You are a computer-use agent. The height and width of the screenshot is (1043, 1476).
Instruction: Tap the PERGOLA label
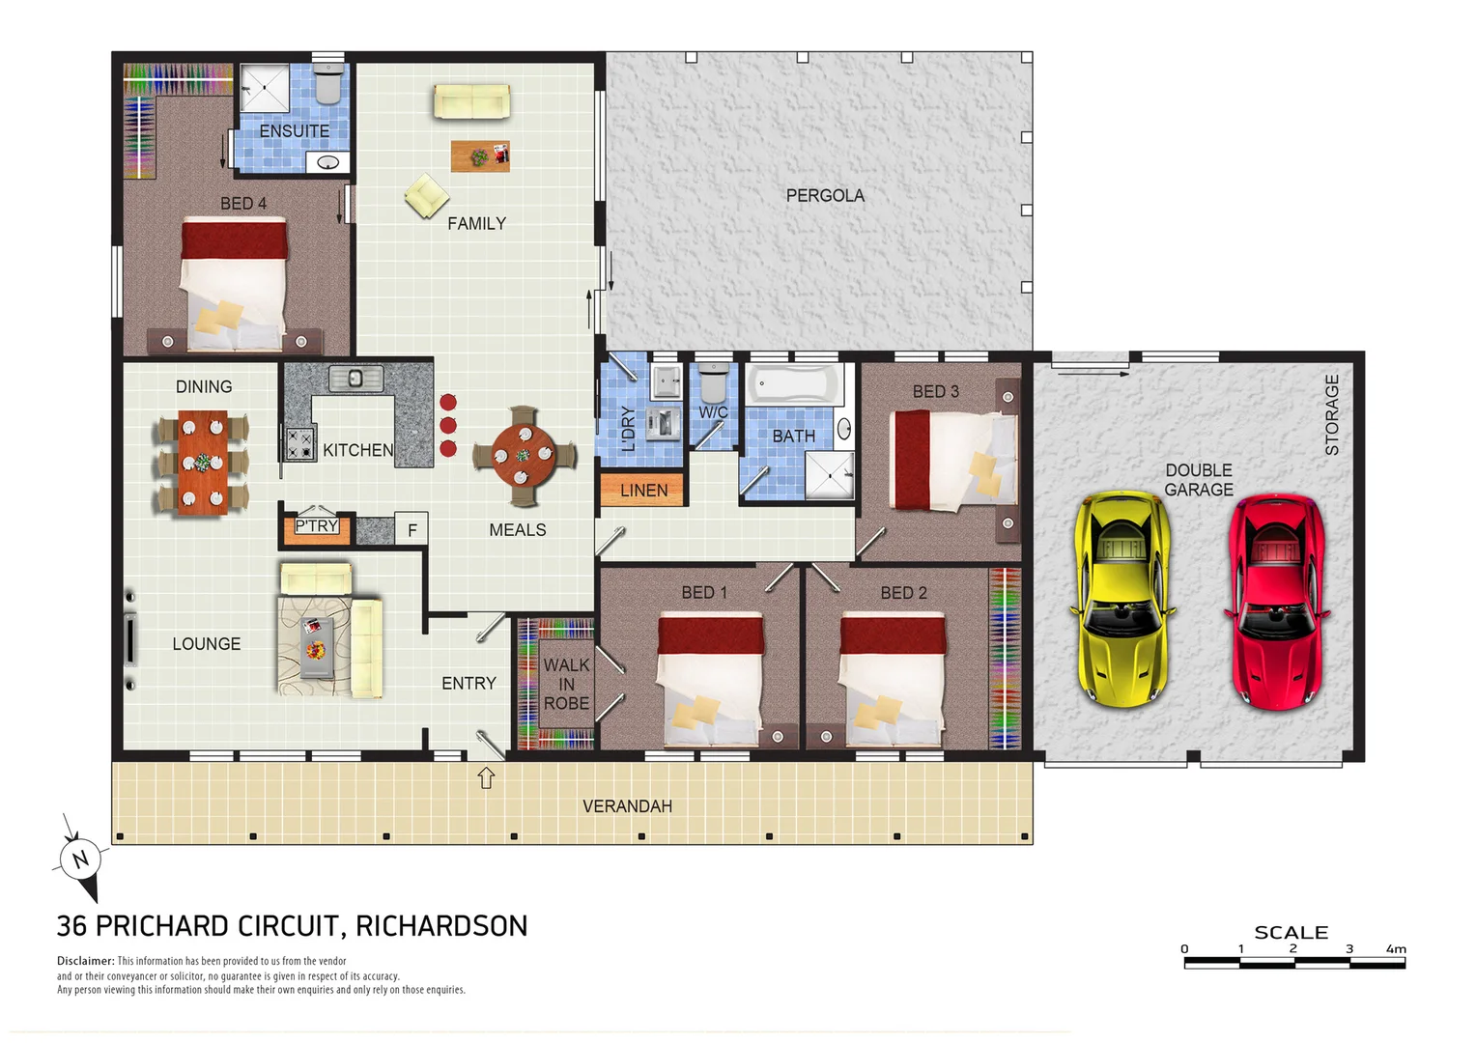[x=825, y=195]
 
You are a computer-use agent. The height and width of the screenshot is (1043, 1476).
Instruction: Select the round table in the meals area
[x=524, y=456]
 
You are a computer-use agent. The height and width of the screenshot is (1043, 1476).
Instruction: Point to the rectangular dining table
[x=202, y=462]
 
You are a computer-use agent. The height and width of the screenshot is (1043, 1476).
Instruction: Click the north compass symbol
[x=79, y=858]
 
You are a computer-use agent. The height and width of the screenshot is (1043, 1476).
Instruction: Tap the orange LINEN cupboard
[x=643, y=490]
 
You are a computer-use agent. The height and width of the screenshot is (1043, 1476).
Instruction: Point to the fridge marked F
[x=412, y=529]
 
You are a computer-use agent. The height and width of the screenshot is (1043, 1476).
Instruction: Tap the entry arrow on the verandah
[x=486, y=777]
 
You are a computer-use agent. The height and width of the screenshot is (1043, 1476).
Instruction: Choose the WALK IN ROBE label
[x=566, y=684]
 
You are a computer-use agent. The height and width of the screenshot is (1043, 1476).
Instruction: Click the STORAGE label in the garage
[x=1332, y=414]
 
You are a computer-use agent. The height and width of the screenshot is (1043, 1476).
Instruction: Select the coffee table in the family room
[x=480, y=155]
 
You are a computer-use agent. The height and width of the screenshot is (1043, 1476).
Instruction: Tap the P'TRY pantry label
[x=317, y=525]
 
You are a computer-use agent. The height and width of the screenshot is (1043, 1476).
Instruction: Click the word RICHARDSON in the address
[x=441, y=926]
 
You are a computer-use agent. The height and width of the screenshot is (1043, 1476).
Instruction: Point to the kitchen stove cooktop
[x=299, y=443]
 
